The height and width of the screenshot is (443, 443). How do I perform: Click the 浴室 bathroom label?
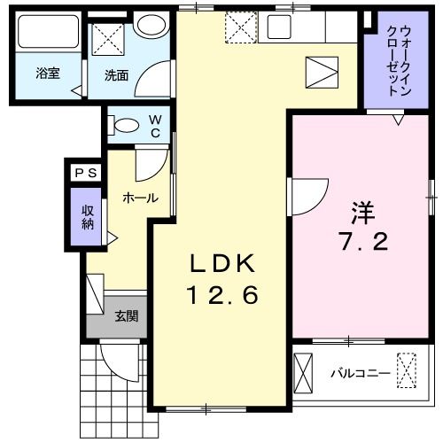(x=48, y=74)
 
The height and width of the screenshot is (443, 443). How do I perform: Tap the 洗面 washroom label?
(x=116, y=75)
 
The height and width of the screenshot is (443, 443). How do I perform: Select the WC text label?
(x=154, y=126)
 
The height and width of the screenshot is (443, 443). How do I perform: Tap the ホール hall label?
(x=140, y=198)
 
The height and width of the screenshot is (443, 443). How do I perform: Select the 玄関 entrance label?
(x=125, y=316)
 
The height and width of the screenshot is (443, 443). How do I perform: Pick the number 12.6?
(x=222, y=296)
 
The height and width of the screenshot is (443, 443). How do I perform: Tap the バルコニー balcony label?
(x=361, y=373)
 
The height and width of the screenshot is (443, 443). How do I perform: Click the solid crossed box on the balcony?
(x=303, y=371)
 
